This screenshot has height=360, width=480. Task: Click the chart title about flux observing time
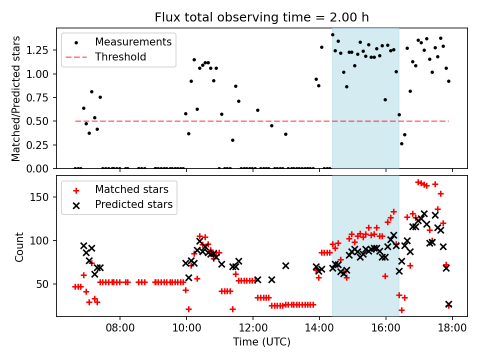click(261, 17)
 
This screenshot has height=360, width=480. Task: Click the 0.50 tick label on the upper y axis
click(37, 121)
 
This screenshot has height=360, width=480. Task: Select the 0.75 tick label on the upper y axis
click(37, 97)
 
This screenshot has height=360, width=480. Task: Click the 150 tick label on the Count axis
click(39, 197)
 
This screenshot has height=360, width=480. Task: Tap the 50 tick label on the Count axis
click(42, 284)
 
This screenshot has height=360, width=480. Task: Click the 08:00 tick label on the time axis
click(120, 328)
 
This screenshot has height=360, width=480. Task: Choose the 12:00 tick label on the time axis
click(253, 328)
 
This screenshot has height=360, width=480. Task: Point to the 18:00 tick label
click(452, 328)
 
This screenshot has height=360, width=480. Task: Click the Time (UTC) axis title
click(261, 341)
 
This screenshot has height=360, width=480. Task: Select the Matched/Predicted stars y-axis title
click(16, 98)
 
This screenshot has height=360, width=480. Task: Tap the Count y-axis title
click(19, 247)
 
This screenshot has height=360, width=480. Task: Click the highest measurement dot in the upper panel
click(333, 35)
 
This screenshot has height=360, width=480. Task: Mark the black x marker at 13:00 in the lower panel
click(285, 265)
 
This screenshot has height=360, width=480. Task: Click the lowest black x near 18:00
click(449, 304)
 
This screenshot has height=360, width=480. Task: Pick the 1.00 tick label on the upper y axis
click(37, 74)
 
